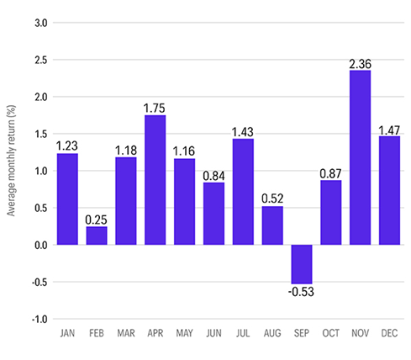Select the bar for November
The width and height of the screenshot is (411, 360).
click(x=360, y=157)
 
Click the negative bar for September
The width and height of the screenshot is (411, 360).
click(x=301, y=264)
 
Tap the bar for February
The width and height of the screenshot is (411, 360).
click(x=97, y=236)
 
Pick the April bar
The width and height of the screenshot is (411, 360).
click(x=155, y=180)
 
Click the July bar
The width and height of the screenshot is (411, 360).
click(x=243, y=192)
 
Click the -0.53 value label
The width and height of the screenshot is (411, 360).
click(x=302, y=292)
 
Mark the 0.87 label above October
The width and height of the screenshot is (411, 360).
click(x=331, y=172)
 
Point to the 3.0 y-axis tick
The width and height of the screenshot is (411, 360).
click(x=40, y=22)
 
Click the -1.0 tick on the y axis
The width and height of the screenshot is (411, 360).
click(x=39, y=320)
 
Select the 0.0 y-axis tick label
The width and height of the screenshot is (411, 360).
click(x=40, y=246)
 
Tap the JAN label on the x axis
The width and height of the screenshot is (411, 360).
click(x=67, y=335)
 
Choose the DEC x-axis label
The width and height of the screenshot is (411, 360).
click(x=389, y=335)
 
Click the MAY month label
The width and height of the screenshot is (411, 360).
click(x=184, y=335)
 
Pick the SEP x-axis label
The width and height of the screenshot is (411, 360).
click(x=301, y=335)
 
